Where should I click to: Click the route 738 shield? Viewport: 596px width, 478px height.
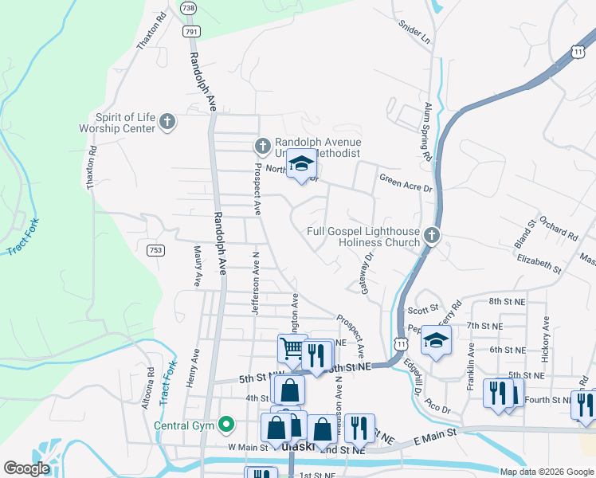coord(188,7)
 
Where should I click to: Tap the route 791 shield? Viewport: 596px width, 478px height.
coord(191,31)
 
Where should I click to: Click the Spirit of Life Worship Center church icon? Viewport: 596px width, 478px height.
coord(167,122)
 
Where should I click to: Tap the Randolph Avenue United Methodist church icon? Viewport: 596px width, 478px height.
coord(263,146)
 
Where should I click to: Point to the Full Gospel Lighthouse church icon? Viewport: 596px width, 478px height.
coord(431,236)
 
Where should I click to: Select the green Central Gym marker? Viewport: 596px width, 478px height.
coord(226,424)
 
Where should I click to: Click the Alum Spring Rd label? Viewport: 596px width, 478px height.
coord(428,131)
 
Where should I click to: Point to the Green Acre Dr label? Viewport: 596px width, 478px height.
coord(405,182)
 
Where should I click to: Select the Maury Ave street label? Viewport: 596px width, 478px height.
coord(197,265)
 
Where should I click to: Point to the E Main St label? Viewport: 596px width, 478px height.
coord(434,433)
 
